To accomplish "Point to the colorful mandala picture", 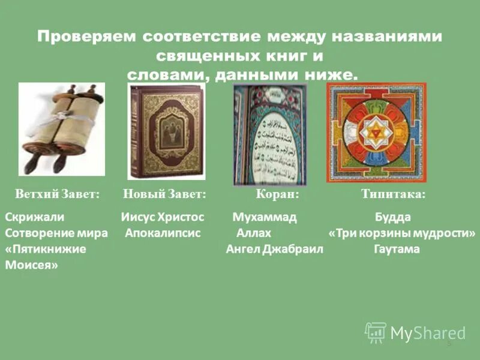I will pos(376,133).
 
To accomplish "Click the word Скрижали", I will pos(35,217).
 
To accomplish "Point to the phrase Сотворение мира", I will pos(56,233).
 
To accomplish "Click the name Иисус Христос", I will pos(163,217).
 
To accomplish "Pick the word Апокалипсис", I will pos(163,233).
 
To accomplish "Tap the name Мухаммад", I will pos(265,217).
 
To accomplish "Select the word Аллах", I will pos(254,233).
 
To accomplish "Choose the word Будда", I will pos(393,217).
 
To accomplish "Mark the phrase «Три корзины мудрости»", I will pos(402,233).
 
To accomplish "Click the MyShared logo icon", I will pos(376,332).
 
